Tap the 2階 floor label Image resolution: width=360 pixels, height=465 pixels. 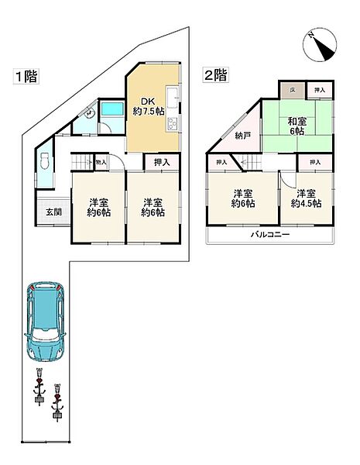click(x=215, y=75)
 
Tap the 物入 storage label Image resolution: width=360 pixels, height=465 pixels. click(x=100, y=162)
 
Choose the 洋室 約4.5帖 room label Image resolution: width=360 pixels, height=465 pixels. click(x=305, y=198)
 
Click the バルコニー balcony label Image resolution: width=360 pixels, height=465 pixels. click(x=269, y=235)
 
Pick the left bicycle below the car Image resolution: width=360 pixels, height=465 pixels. click(x=38, y=387)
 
